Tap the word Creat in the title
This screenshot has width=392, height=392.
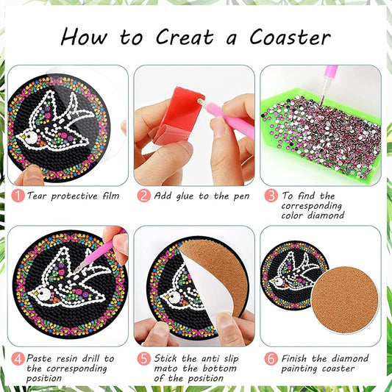[x=184, y=37]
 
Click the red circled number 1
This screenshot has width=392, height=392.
[x=15, y=196]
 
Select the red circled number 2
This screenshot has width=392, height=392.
[x=143, y=196]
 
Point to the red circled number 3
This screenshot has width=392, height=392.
[x=271, y=196]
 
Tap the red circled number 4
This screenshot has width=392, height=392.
[x=15, y=358]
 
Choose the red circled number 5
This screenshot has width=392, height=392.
[x=143, y=358]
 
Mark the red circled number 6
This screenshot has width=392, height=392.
[x=271, y=358]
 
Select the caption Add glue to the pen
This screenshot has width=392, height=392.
[x=201, y=196]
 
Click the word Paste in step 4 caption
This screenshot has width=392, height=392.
[x=43, y=358]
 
